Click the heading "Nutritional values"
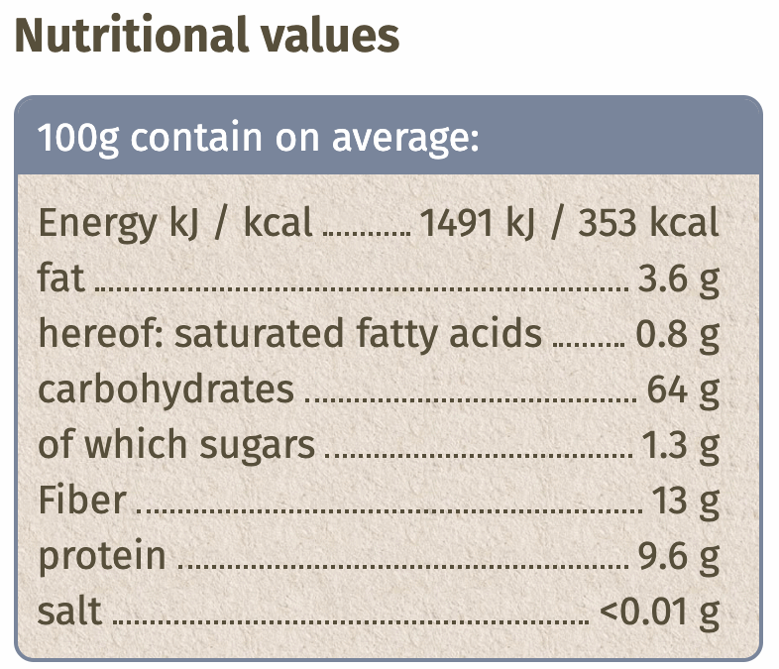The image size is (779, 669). [x=206, y=36]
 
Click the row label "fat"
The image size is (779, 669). [x=60, y=279]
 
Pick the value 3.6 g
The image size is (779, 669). [x=677, y=279]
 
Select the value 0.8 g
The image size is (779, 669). [x=677, y=335]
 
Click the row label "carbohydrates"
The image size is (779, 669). [x=167, y=390]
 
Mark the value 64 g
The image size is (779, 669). [x=683, y=390]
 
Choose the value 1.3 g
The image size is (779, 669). [x=678, y=446]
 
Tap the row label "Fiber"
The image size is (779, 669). [x=82, y=501]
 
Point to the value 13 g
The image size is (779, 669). [x=685, y=502]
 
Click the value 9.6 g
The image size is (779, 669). [x=677, y=557]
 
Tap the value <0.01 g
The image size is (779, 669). [x=659, y=613]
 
